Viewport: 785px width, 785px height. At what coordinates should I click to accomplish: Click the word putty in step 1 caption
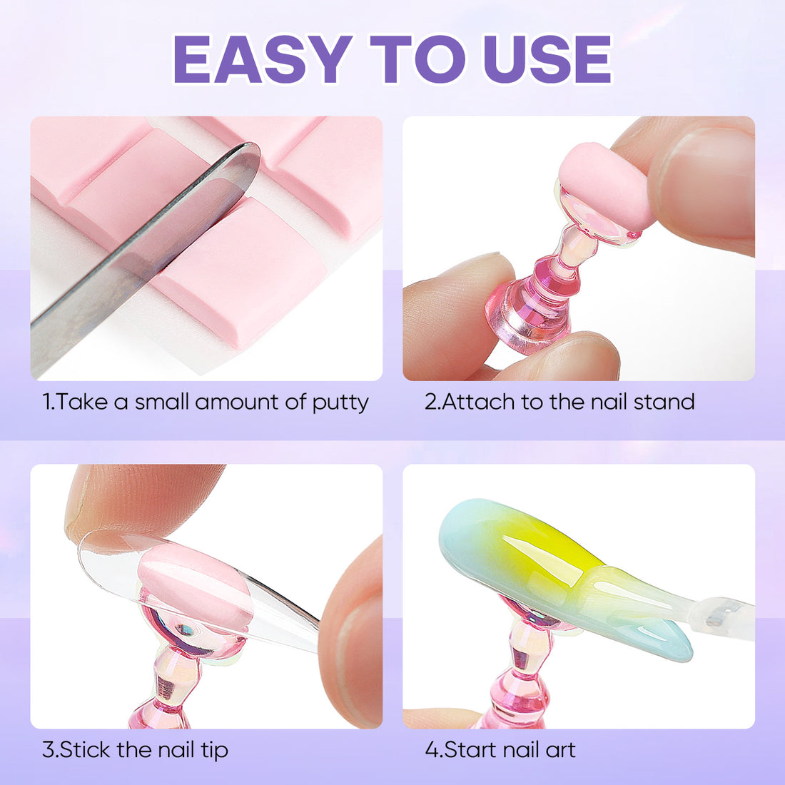340,403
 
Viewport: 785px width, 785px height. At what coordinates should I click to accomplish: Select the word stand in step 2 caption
664,402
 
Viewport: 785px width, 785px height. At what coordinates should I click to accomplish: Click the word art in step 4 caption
561,750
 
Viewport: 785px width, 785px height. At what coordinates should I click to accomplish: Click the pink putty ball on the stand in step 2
606,186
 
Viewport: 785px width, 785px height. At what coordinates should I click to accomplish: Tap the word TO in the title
418,59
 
